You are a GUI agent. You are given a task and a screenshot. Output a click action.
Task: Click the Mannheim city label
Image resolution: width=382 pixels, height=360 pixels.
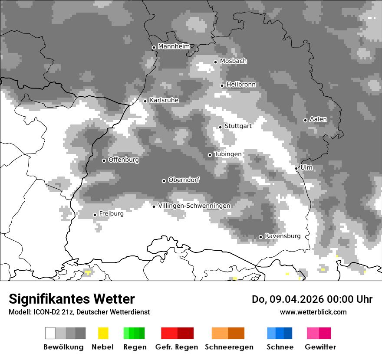point(174,46)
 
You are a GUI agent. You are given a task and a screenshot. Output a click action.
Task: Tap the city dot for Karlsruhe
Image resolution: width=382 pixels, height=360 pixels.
point(145,101)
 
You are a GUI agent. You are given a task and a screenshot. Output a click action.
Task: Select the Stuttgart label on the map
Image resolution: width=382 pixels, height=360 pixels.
point(238,126)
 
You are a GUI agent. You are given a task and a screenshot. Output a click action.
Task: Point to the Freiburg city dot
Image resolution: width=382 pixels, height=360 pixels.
point(95,215)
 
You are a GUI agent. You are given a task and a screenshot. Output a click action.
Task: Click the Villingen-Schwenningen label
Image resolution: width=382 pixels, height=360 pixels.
point(194,206)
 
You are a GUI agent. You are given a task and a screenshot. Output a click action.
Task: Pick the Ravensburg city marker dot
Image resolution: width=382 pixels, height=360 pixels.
point(260,237)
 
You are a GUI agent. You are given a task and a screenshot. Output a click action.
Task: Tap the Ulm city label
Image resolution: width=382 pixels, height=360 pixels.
point(306,167)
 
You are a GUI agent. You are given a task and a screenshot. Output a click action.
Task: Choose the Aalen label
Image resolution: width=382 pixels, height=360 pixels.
point(318,119)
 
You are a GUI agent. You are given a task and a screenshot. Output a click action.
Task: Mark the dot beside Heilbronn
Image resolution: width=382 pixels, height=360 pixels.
point(222,85)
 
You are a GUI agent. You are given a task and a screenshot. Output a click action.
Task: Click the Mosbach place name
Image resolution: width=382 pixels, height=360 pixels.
point(233,61)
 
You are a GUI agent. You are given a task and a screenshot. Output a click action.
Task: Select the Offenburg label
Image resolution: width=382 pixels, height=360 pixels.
point(123,160)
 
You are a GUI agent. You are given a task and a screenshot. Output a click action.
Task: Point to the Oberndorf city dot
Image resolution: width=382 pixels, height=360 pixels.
point(164,181)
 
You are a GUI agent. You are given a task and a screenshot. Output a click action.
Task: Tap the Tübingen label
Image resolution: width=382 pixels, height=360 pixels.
point(227,154)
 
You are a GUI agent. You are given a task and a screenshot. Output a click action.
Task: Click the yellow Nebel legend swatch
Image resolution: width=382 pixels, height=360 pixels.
point(103,333)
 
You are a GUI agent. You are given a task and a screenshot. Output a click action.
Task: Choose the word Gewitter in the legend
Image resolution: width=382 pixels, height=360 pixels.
point(320,347)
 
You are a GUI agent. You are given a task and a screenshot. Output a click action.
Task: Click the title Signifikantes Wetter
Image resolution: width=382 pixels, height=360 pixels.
point(72,299)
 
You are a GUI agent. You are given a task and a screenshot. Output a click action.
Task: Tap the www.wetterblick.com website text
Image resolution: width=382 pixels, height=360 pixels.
point(313,312)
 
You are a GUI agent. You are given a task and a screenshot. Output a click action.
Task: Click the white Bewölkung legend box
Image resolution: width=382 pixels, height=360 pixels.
point(50,333)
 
